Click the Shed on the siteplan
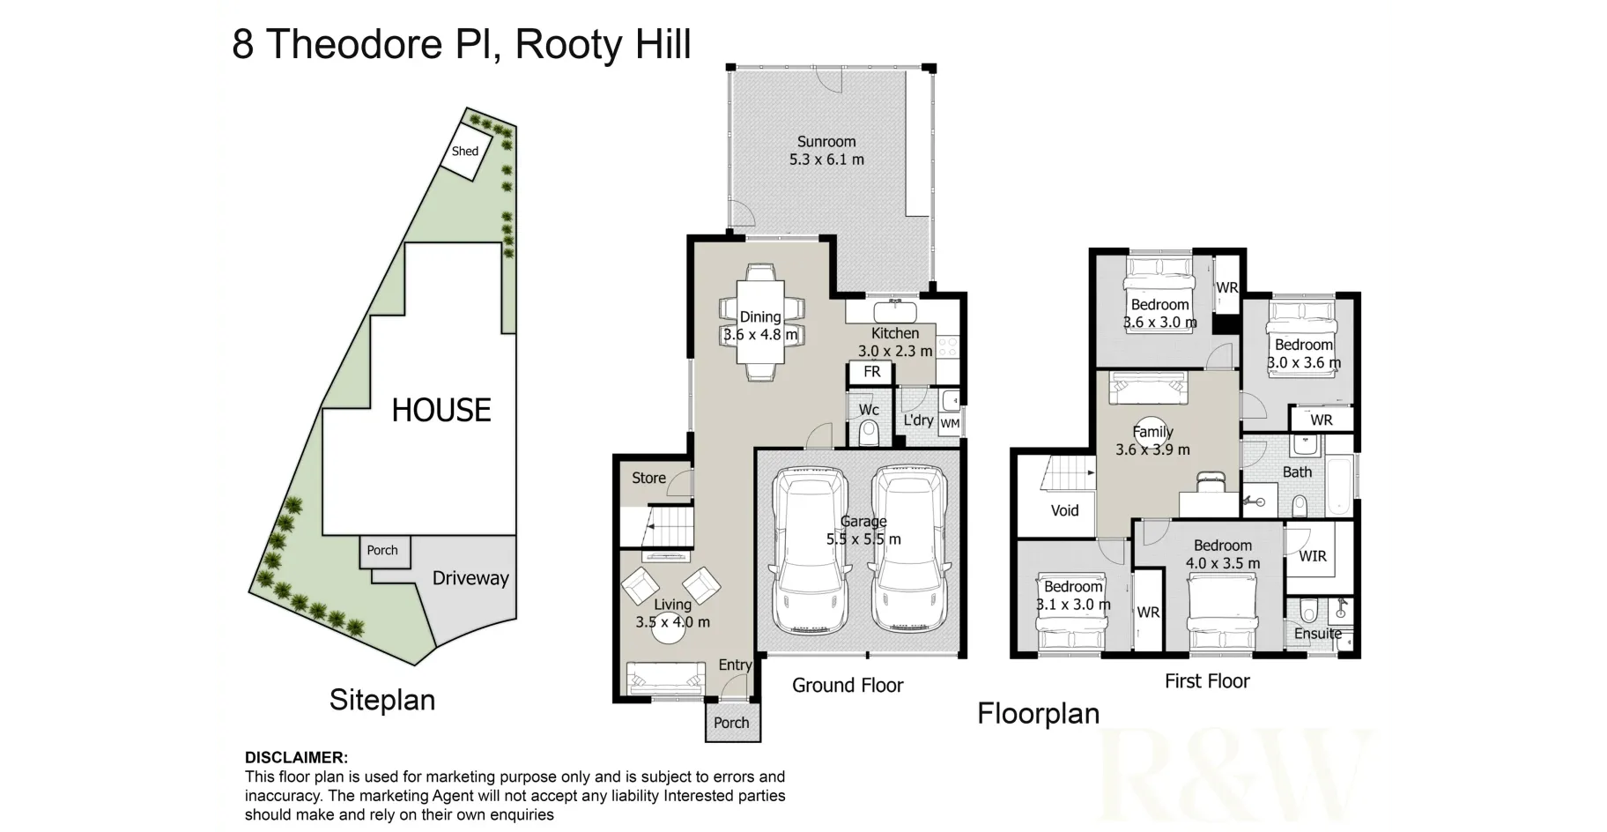point(465,152)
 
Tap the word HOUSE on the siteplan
point(441,411)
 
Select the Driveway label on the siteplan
point(470,578)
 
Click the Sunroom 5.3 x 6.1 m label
point(826,151)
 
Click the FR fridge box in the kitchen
point(871,372)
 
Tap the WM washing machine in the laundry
point(950,423)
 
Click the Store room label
point(648,478)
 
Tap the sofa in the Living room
point(665,678)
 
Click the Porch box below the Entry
point(731,723)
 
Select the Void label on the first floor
point(1064,510)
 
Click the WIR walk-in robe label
point(1313,556)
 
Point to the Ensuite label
point(1317,634)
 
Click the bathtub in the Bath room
point(1339,487)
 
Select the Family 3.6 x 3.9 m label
point(1152,441)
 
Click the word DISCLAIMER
point(296,758)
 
